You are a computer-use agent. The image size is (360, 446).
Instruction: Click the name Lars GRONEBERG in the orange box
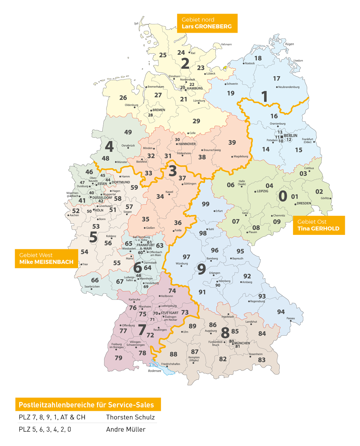(x=206, y=27)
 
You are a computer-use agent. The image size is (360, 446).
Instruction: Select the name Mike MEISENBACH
(x=46, y=262)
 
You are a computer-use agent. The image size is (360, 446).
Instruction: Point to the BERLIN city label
(x=291, y=136)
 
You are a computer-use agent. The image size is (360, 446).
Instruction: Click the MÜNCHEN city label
(x=242, y=343)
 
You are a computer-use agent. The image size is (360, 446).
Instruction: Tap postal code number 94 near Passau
(x=281, y=312)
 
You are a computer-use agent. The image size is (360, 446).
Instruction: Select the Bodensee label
(x=154, y=371)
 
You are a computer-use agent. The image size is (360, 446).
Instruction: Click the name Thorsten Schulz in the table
(x=130, y=417)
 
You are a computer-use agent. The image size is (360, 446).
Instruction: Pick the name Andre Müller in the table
(x=126, y=429)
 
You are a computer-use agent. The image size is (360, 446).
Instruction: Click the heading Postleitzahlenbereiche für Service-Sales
(x=86, y=405)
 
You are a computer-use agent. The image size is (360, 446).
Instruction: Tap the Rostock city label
(x=250, y=63)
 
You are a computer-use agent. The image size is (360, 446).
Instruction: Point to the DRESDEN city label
(x=304, y=203)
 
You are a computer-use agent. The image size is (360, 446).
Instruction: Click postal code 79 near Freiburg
(x=118, y=358)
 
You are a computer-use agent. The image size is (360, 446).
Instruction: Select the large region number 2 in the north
(x=185, y=63)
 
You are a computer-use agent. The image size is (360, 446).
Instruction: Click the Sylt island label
(x=136, y=24)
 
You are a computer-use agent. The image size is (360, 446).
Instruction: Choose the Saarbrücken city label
(x=92, y=287)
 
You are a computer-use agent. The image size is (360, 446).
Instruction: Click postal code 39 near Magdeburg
(x=232, y=142)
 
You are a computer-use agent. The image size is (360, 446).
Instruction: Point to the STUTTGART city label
(x=170, y=313)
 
